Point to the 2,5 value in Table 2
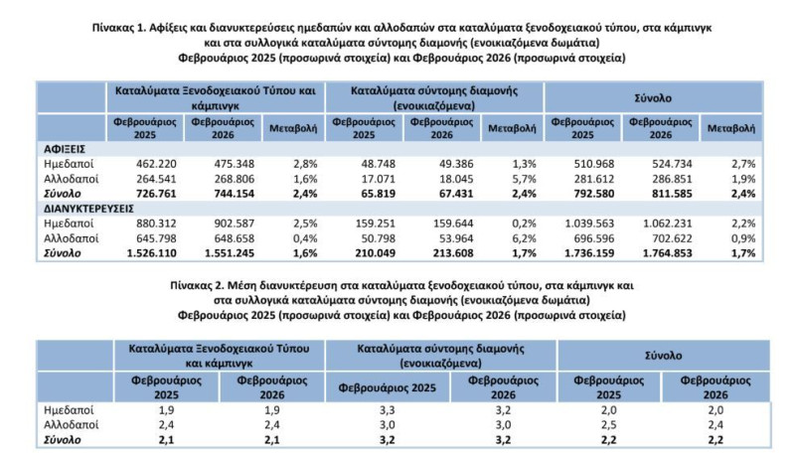(607, 424)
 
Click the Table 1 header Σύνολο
(658, 98)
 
